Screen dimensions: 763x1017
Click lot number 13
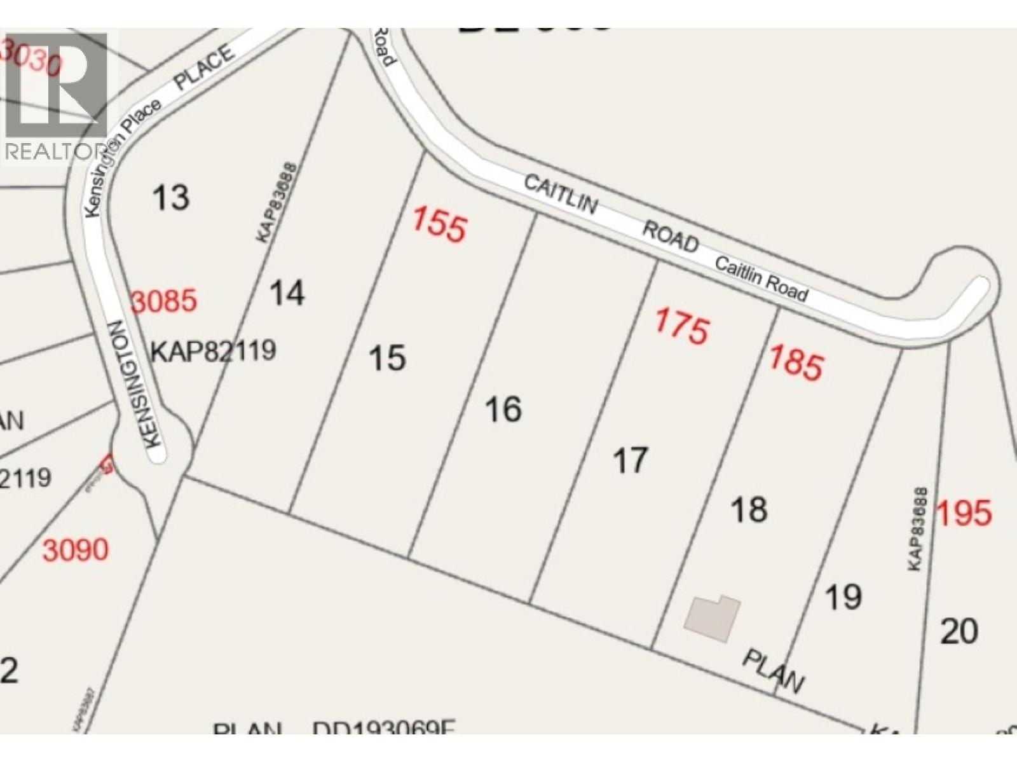171,197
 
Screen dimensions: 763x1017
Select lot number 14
287,294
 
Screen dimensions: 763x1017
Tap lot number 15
387,358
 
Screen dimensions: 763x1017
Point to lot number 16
503,409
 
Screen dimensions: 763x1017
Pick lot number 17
630,460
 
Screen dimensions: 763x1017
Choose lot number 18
749,509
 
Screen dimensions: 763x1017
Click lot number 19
843,597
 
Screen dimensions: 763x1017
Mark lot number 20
959,632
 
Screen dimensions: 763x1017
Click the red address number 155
439,224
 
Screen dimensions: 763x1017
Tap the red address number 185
796,363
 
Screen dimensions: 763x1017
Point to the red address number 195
964,512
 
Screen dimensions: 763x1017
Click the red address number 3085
164,301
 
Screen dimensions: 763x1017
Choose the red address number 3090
76,549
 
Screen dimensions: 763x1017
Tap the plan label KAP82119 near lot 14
213,350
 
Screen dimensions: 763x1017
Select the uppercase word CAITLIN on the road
561,195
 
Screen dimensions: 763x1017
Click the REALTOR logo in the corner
55,95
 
